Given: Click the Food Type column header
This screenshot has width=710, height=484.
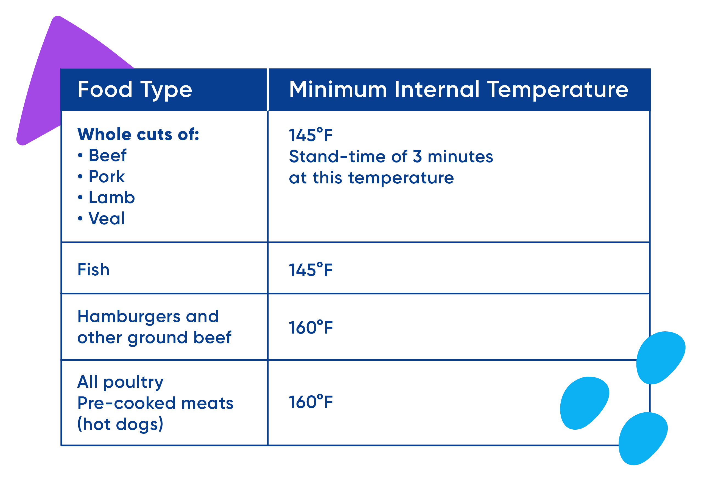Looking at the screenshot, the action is (x=135, y=90).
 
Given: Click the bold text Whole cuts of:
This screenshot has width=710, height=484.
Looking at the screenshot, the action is (x=138, y=135).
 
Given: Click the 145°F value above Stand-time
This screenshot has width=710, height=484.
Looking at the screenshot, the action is (x=311, y=135).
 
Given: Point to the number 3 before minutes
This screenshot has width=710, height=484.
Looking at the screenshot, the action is (x=417, y=156).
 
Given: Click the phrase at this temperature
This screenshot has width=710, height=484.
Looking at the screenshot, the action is (x=371, y=178).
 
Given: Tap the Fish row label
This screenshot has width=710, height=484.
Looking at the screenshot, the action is (x=93, y=270).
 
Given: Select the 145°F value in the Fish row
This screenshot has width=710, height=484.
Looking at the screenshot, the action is (x=311, y=270).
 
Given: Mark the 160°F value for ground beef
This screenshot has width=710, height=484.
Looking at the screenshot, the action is (x=311, y=328).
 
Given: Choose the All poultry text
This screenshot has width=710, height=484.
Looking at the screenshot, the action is (x=120, y=382).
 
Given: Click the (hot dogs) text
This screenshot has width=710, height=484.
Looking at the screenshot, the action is (x=120, y=424).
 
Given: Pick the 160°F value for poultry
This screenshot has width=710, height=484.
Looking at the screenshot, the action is (x=311, y=402).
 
